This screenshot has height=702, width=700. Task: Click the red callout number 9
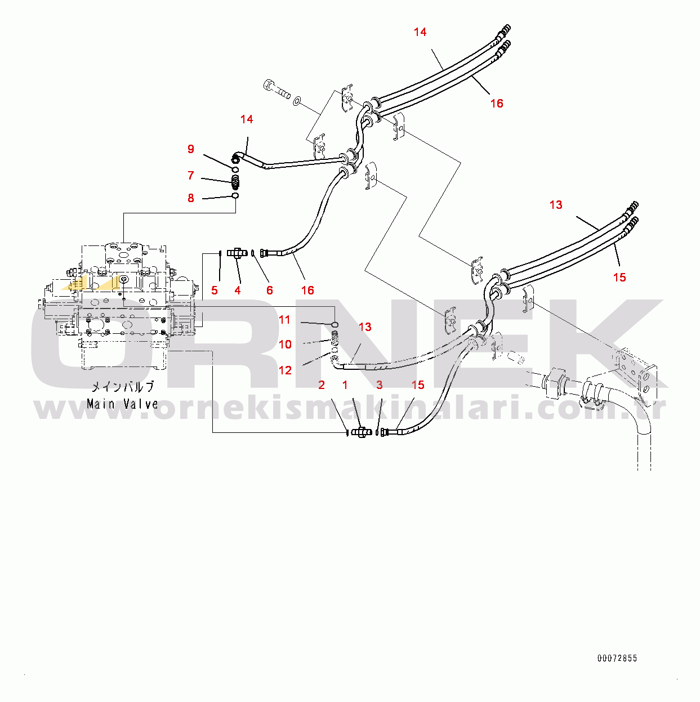click(191, 149)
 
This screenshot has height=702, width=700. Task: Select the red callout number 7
click(191, 176)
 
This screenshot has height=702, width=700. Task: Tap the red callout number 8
click(191, 198)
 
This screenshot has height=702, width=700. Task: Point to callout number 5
click(215, 290)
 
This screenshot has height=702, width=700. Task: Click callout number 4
click(238, 290)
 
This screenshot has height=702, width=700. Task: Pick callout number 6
click(270, 290)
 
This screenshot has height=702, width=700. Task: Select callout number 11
click(285, 320)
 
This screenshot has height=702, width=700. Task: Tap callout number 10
click(286, 345)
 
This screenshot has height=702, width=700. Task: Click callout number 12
click(286, 370)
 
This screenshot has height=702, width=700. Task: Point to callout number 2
click(322, 385)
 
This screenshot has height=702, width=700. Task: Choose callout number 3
click(380, 385)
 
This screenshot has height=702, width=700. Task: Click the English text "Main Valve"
click(122, 404)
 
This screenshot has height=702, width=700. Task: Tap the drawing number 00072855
click(617, 658)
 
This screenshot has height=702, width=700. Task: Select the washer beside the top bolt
click(297, 101)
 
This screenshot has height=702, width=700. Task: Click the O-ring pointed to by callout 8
click(235, 196)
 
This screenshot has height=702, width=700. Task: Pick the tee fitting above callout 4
click(237, 253)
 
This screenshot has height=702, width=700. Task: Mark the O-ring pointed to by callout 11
click(335, 324)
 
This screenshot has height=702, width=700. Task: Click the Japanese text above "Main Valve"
click(122, 387)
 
